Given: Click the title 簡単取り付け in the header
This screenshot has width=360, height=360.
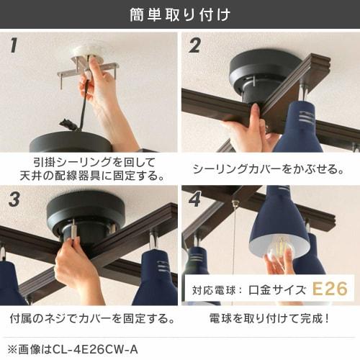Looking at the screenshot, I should tap(180, 14).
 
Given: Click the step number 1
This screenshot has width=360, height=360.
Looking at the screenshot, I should tap(13, 47).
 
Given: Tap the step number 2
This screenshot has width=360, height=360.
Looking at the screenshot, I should tap(195, 47).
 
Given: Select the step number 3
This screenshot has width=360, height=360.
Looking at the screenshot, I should tap(14, 199).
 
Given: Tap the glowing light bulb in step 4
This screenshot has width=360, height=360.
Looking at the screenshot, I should tap(279, 248).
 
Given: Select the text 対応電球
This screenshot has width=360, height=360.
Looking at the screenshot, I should tap(215, 291).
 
